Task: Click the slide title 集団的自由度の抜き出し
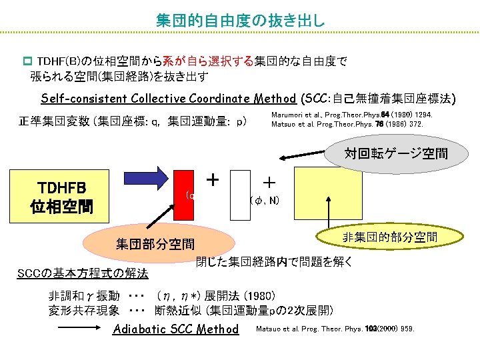click(240, 20)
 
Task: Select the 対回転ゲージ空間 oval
click(396, 154)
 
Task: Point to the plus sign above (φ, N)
click(269, 181)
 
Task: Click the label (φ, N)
click(264, 200)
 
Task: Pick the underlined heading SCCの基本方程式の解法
click(83, 274)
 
